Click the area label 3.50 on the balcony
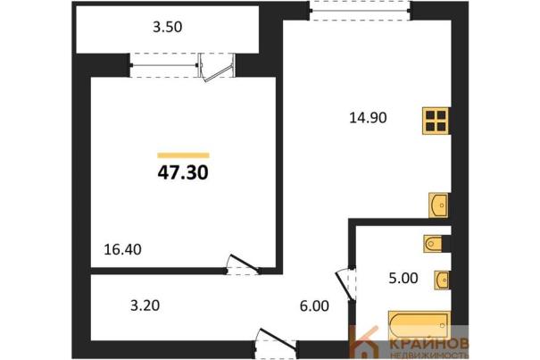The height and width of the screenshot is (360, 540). pos(168,27)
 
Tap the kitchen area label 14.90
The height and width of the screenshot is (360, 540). pos(368,118)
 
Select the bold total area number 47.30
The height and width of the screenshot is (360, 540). pos(183,172)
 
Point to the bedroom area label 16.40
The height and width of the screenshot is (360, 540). pos(122,249)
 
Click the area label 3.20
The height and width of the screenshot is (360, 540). pos(145,306)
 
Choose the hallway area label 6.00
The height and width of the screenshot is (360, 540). pos(314,306)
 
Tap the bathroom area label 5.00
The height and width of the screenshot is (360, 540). pos(403,278)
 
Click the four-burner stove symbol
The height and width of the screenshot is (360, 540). pos(436,121)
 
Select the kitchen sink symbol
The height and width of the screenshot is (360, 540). pos(438,205)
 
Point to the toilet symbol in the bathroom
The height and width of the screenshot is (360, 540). pos(433,244)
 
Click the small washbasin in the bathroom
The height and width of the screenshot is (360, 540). pos(442,280)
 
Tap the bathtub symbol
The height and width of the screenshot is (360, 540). pos(420,325)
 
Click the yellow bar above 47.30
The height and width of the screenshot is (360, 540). pos(183,155)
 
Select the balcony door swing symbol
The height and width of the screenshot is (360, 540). pos(217,68)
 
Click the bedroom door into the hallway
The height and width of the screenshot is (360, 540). pos(243,264)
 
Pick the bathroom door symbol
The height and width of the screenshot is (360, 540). pos(345,284)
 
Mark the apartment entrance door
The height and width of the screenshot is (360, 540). pos(277,341)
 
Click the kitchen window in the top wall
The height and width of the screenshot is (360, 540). pos(361,11)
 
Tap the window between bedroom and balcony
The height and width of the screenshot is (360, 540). pos(164,65)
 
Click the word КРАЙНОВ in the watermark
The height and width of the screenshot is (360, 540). pos(429,344)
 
